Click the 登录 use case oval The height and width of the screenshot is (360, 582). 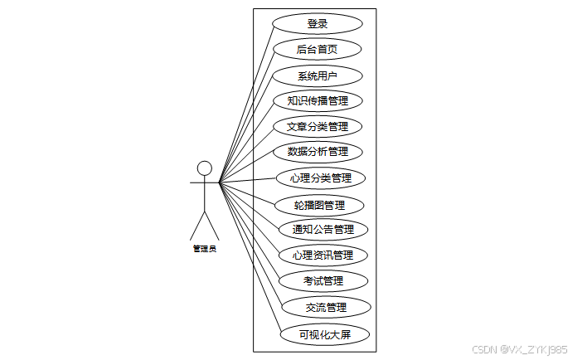[x=318, y=24]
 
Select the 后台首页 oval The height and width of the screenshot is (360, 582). [x=318, y=50]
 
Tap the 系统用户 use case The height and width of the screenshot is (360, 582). [x=318, y=76]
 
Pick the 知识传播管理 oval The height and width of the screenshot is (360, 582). [x=318, y=101]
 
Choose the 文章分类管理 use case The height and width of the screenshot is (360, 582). [x=318, y=127]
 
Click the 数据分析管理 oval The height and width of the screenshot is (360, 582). [x=318, y=152]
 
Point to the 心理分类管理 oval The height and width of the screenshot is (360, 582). [x=320, y=178]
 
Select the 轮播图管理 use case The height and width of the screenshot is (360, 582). [x=319, y=204]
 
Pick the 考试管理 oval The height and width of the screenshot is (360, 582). [x=323, y=280]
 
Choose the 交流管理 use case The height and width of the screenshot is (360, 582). [x=326, y=307]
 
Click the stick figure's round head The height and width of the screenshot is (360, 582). [x=205, y=168]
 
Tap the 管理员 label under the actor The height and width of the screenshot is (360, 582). [x=205, y=249]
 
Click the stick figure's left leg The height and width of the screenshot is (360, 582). [x=198, y=225]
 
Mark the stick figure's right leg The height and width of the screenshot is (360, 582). [x=212, y=225]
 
